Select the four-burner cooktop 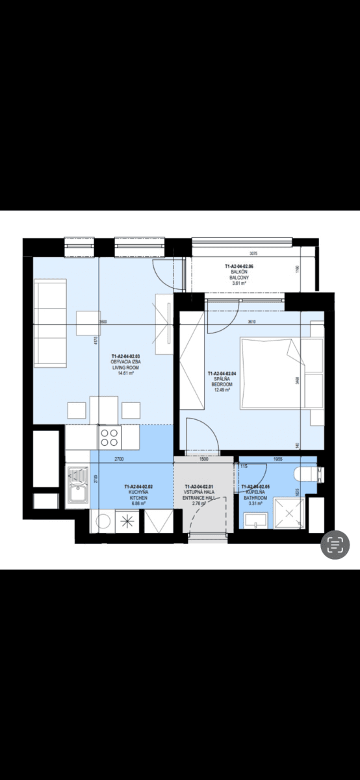tap(109, 435)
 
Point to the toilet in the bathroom tap(306, 474)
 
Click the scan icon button tap(335, 545)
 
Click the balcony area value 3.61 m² tap(239, 283)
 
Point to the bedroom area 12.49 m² tap(223, 390)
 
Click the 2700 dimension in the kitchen tap(118, 459)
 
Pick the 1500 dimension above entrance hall tap(203, 459)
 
